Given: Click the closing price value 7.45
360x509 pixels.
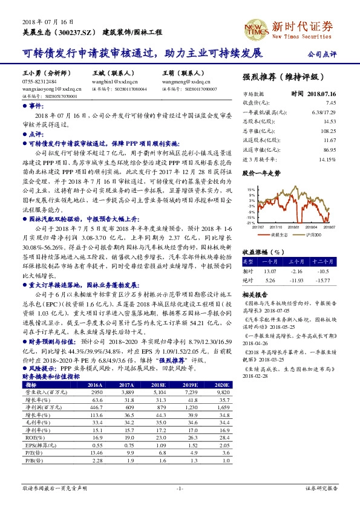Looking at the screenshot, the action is (x=330, y=103).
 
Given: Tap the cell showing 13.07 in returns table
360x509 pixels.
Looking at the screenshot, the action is (x=269, y=271).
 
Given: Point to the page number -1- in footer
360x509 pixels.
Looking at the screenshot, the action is (x=180, y=488).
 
